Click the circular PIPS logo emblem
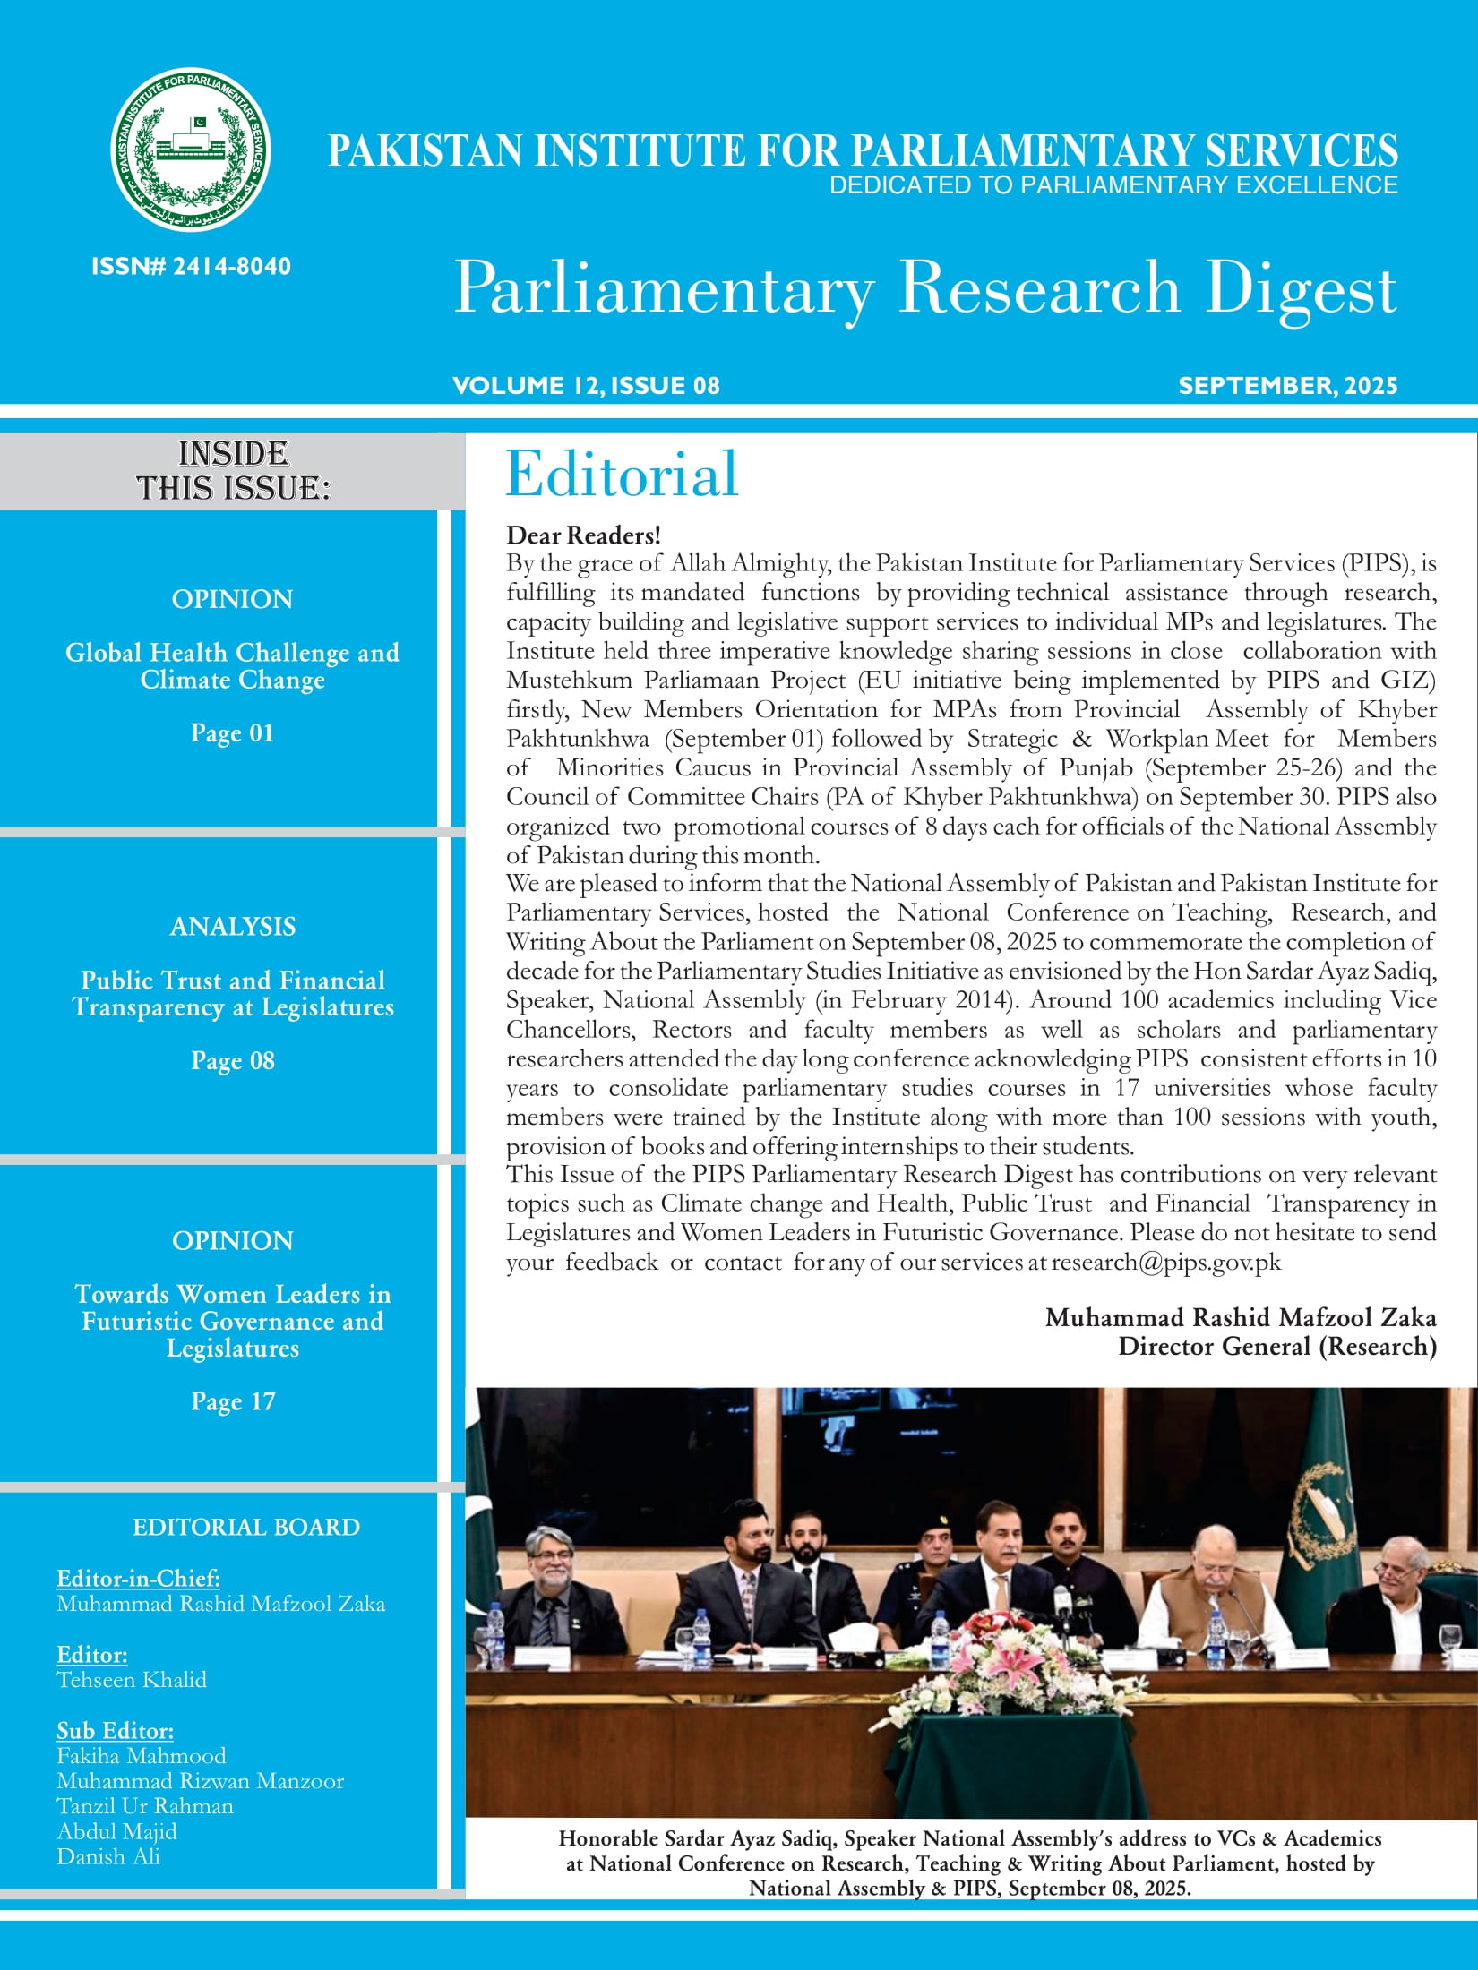coord(191,150)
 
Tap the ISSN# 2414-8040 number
coord(191,266)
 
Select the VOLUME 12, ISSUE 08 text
coord(586,386)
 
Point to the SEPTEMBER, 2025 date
coord(1287,386)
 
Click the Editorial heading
coord(622,474)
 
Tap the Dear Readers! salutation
coord(583,535)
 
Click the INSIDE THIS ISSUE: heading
coord(233,471)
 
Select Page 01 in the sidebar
coord(232,733)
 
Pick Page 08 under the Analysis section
coord(232,1061)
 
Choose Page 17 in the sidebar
coord(232,1401)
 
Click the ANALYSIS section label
coord(232,927)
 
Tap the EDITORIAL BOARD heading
coord(245,1527)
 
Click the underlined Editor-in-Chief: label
coord(138,1578)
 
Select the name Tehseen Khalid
coord(132,1680)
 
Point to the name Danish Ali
coord(108,1856)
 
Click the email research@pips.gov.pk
coord(1166,1263)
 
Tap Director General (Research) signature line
coord(1276,1347)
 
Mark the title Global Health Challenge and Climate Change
coord(232,666)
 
